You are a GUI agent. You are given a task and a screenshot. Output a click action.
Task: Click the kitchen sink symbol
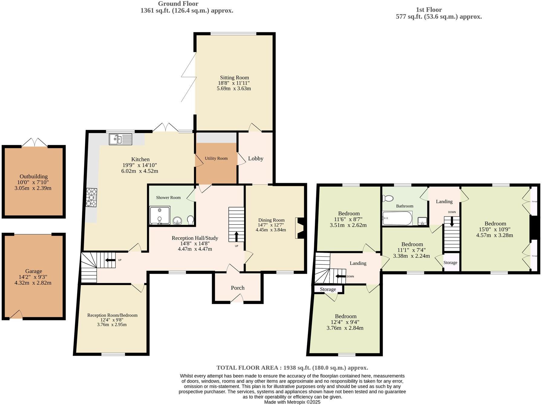click(120, 139)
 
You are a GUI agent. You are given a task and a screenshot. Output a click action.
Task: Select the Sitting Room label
click(234, 78)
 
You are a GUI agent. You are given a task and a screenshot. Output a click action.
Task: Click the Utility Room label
click(216, 158)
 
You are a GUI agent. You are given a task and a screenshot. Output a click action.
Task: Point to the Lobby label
click(256, 159)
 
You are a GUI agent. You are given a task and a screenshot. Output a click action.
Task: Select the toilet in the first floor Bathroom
click(387, 199)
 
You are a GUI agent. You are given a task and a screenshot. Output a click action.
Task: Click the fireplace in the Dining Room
click(300, 228)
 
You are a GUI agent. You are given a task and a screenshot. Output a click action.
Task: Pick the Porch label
click(237, 288)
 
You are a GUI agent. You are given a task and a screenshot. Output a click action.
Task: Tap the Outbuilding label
click(34, 177)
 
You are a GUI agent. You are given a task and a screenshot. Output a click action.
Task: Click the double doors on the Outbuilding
click(34, 142)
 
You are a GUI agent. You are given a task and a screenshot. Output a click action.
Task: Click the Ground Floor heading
click(178, 4)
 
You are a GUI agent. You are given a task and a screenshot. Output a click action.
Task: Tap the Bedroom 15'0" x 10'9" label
click(495, 224)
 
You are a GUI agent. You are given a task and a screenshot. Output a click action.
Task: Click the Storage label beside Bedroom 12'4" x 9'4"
click(328, 289)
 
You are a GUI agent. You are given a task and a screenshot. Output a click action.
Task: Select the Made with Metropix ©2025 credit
click(292, 402)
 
